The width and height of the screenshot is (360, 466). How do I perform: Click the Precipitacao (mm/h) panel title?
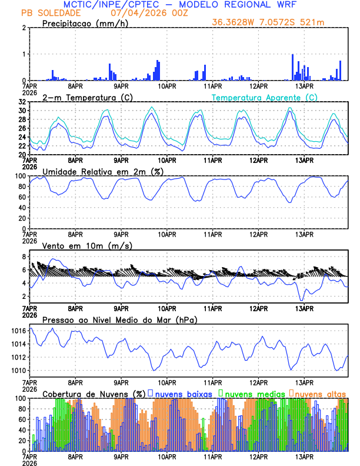coord(82,23)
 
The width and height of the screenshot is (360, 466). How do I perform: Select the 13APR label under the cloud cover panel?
coord(304,456)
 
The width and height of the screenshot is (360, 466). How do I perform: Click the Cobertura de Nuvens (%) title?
coord(94,394)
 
